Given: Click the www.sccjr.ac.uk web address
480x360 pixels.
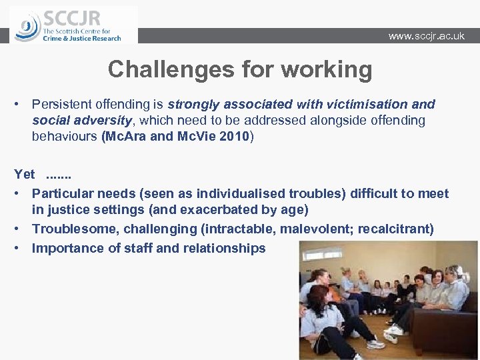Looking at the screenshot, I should tap(426, 36).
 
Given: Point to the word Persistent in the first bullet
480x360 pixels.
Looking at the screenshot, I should tap(63, 105).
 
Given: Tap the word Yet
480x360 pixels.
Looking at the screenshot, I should tap(25, 174).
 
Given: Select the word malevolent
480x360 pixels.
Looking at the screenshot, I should tap(316, 229).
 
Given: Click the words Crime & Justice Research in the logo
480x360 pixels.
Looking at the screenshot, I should tap(81, 39).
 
